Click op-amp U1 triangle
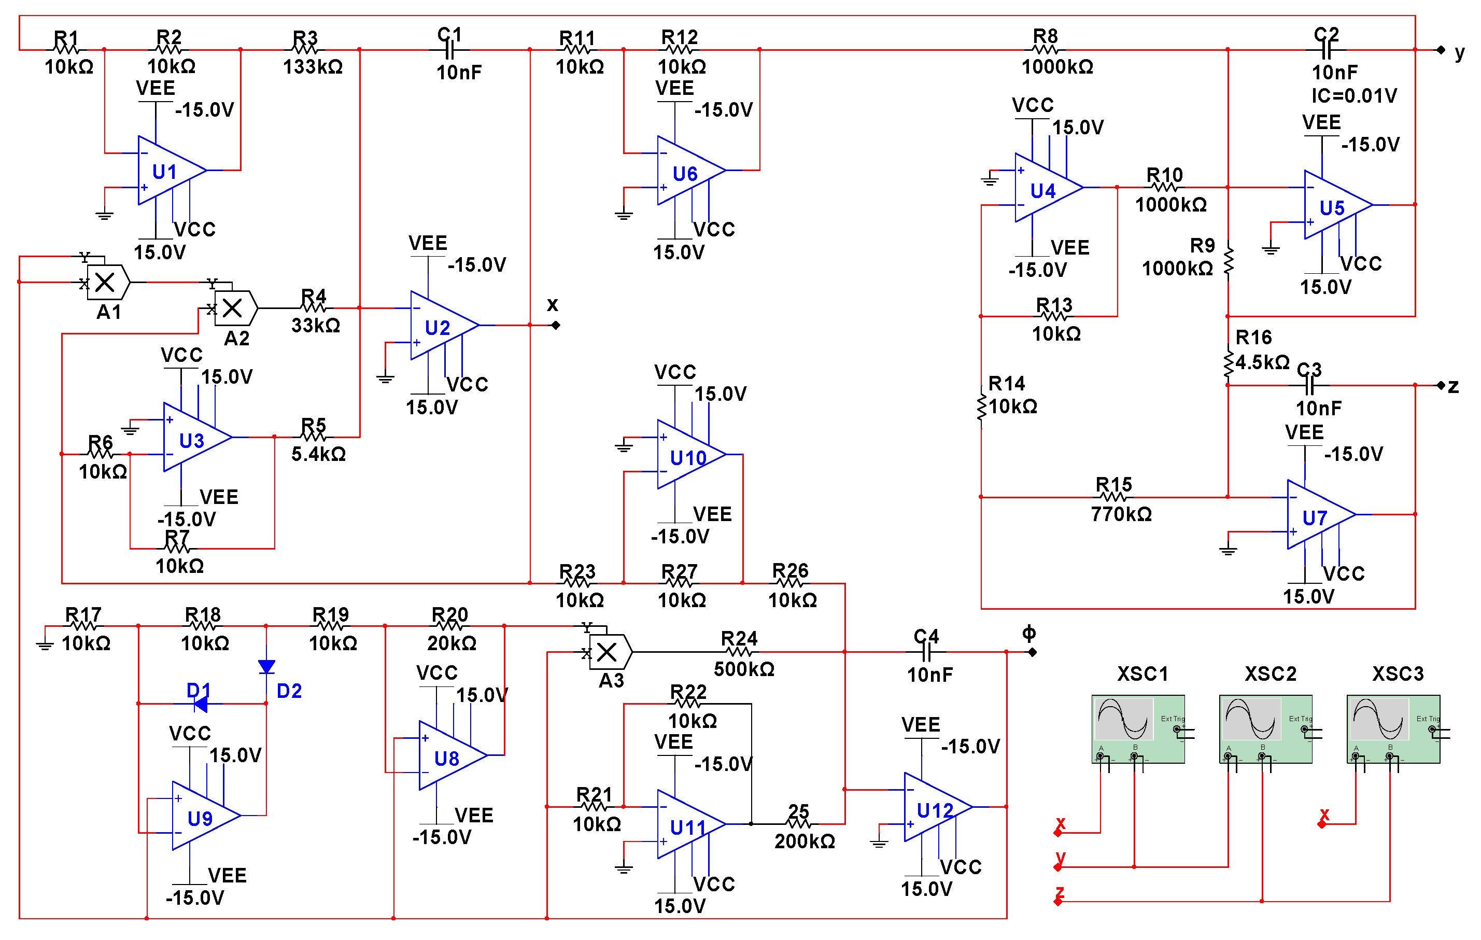click(169, 171)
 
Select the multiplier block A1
click(107, 283)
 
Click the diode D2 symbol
click(266, 667)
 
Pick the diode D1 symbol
click(200, 703)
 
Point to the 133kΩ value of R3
click(313, 66)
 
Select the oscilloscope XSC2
click(1265, 729)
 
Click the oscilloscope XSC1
click(1138, 729)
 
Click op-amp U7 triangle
click(1318, 515)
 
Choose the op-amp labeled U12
click(935, 807)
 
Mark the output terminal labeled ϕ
click(1033, 652)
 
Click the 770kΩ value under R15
click(1121, 514)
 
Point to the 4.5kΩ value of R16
click(1262, 362)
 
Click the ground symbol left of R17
click(44, 644)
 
